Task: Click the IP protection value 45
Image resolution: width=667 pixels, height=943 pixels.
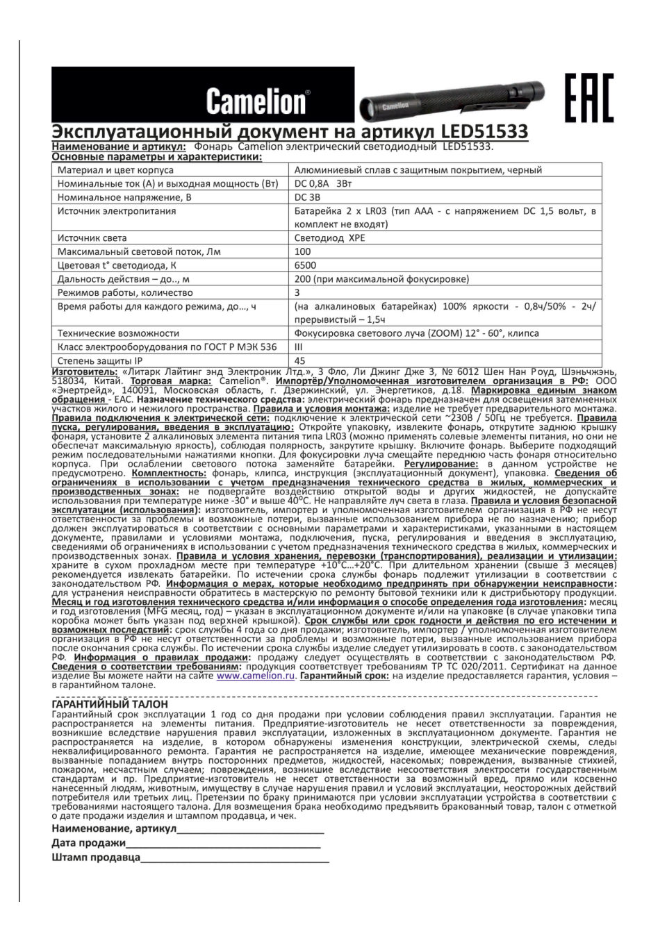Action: [300, 360]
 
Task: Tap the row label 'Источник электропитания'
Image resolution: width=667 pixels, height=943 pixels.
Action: [116, 211]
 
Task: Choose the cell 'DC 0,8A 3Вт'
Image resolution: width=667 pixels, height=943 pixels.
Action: [323, 184]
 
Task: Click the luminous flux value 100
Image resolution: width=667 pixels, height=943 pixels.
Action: [303, 251]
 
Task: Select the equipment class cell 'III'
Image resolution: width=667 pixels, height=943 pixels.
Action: [299, 347]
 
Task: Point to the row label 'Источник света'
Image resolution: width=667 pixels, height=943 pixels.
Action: [92, 238]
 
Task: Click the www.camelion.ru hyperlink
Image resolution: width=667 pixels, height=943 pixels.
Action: [256, 675]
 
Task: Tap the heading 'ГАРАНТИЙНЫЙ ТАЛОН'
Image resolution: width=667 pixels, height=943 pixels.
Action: [110, 703]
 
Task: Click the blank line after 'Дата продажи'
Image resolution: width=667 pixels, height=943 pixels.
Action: [223, 844]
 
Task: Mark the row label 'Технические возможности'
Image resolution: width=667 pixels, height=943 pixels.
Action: [118, 333]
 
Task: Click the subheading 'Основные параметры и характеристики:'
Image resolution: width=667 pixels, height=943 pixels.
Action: [157, 158]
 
